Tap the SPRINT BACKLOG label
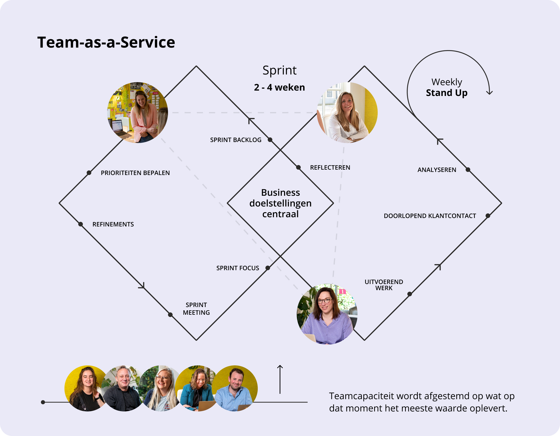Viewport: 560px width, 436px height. pos(236,140)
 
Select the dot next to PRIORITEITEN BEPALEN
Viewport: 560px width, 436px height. pos(89,173)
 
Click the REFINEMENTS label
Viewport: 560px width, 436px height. pos(113,224)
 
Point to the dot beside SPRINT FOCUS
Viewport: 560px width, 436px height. pos(268,268)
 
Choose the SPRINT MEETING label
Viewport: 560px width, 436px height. pos(196,309)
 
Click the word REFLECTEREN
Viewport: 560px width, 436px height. pos(330,168)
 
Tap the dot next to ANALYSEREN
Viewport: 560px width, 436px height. pos(468,170)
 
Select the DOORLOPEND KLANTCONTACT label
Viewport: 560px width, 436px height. pos(430,216)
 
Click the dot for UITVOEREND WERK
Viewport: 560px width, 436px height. pos(410,294)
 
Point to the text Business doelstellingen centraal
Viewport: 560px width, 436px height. pos(281,203)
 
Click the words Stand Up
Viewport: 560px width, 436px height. pos(447,93)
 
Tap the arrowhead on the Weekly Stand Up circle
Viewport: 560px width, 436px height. pos(489,92)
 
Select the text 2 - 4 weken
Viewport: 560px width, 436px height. pos(279,88)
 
